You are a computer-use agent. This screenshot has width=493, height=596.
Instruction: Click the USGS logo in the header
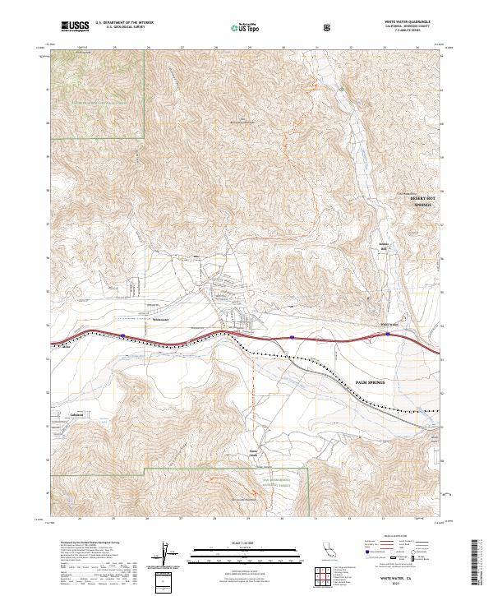click(75, 27)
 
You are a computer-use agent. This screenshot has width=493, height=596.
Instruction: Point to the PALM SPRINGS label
click(374, 382)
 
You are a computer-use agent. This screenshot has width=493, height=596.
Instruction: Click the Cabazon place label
click(78, 415)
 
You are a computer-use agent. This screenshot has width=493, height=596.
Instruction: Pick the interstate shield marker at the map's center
click(293, 336)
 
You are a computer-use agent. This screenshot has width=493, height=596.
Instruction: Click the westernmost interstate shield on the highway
click(122, 335)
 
